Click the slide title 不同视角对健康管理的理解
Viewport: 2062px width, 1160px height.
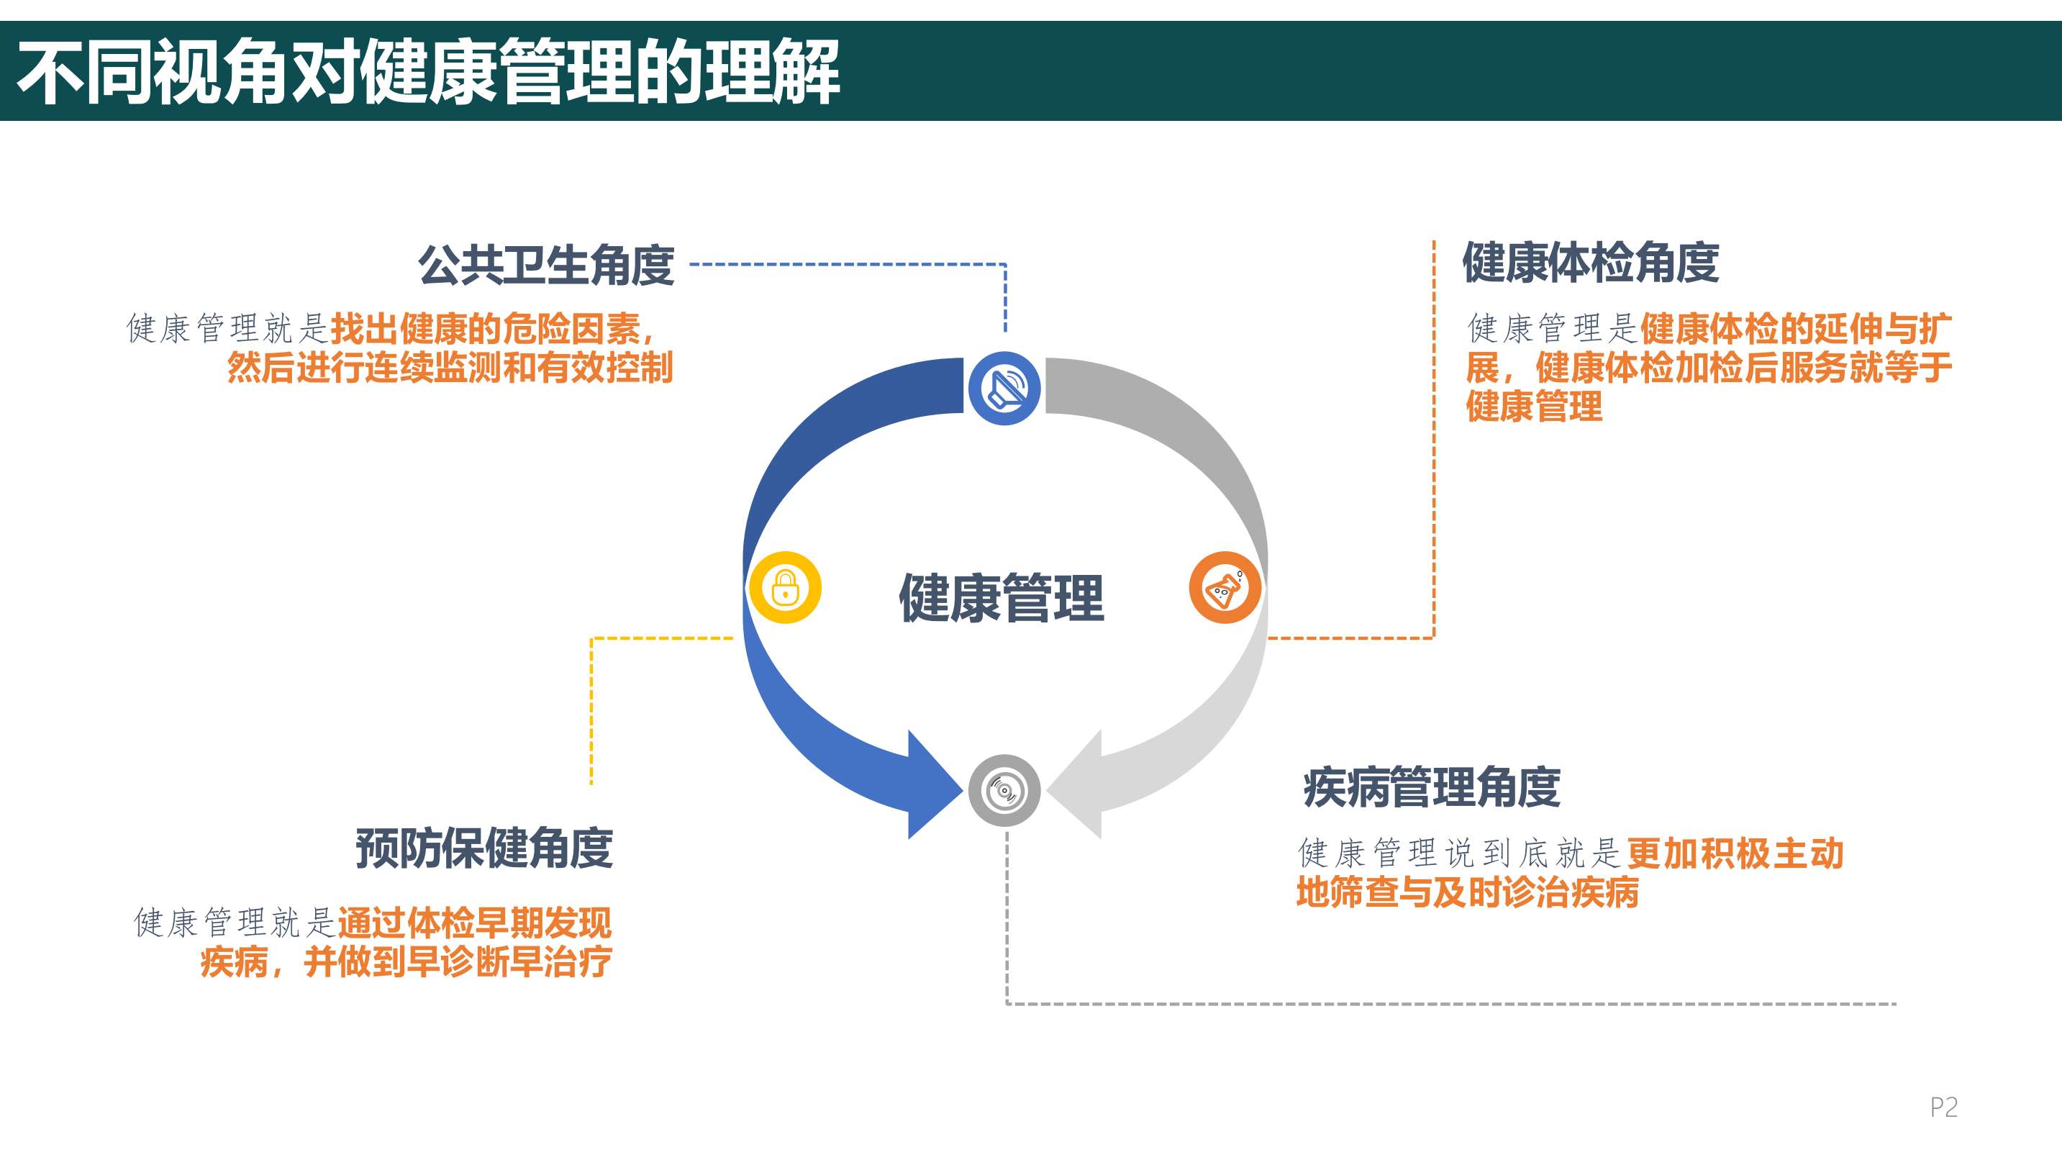pos(428,72)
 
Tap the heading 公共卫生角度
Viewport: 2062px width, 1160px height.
pos(546,265)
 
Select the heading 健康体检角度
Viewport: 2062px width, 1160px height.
pos(1591,263)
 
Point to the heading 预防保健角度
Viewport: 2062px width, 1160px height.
pos(484,848)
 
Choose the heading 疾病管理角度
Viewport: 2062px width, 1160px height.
pos(1431,787)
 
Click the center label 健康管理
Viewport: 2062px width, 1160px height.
pos(1002,598)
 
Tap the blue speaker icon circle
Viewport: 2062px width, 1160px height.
pos(1004,389)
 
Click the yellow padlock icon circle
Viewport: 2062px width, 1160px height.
pos(785,588)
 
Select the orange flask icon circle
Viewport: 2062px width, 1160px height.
pos(1225,588)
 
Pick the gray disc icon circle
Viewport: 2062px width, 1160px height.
pos(1004,791)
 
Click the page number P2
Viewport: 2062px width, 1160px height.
pos(1943,1107)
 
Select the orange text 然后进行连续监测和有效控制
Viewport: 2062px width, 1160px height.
pos(450,368)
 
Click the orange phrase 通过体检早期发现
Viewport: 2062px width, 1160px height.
pos(475,923)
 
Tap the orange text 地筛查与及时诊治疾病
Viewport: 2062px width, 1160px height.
pos(1467,892)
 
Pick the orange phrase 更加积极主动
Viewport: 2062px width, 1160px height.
pos(1735,853)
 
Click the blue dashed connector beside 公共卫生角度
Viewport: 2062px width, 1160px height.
pos(848,264)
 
